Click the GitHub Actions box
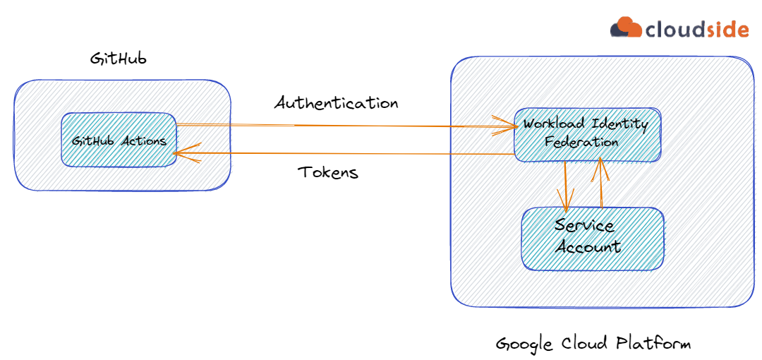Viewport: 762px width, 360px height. point(119,140)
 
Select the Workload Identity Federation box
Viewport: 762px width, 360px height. point(586,133)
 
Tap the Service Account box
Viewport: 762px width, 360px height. point(592,238)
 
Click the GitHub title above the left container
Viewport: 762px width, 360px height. point(118,59)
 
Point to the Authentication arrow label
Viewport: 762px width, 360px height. point(337,103)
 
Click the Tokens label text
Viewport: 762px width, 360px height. point(327,172)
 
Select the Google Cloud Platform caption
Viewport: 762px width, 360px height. point(593,344)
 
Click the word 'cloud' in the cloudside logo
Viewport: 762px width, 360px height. point(670,30)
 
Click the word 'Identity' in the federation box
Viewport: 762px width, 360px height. point(619,125)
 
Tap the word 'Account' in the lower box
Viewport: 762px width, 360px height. point(588,247)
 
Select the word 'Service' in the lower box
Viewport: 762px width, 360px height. point(584,226)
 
